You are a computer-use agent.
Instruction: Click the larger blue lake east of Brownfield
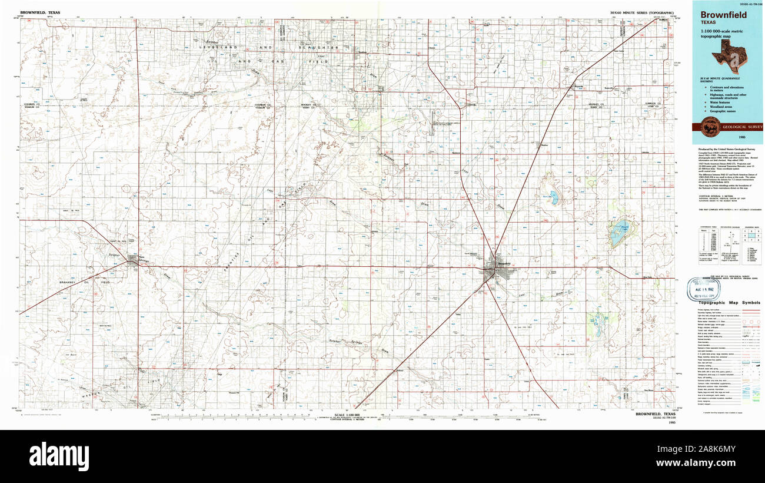pos(618,233)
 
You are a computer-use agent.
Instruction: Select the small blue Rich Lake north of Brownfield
pos(554,198)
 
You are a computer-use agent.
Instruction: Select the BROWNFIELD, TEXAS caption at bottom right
pos(656,413)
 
